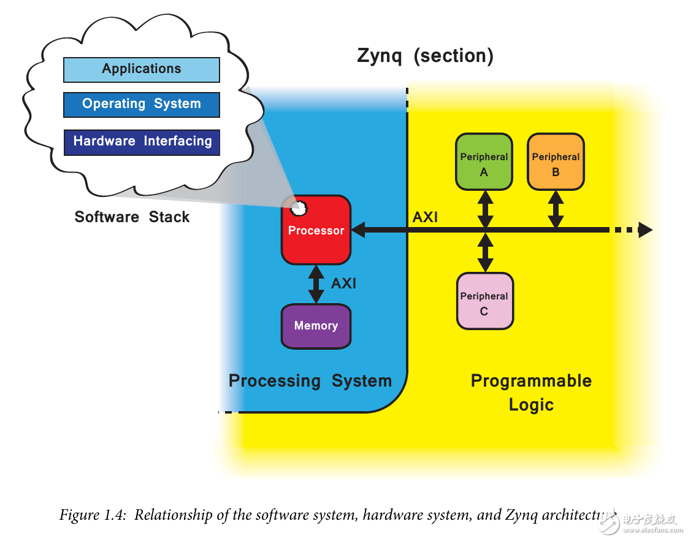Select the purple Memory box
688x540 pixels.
pyautogui.click(x=316, y=326)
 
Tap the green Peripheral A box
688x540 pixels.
pyautogui.click(x=484, y=161)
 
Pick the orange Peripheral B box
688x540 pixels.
pyautogui.click(x=556, y=161)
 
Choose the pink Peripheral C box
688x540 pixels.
pyautogui.click(x=484, y=301)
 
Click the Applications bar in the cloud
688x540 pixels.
pyautogui.click(x=142, y=69)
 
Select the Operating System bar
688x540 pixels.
pyautogui.click(x=142, y=104)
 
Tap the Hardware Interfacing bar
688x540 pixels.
pyautogui.click(x=142, y=142)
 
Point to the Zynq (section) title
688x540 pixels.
pyautogui.click(x=425, y=56)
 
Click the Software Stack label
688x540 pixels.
pyautogui.click(x=132, y=217)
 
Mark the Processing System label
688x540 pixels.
pyautogui.click(x=310, y=381)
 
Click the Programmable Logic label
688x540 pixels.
pyautogui.click(x=531, y=393)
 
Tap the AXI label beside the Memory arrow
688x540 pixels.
pyautogui.click(x=343, y=283)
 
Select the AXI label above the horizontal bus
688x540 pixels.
pyautogui.click(x=425, y=217)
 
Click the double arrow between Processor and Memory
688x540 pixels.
pyautogui.click(x=316, y=283)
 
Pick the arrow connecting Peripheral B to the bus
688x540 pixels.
pyautogui.click(x=556, y=209)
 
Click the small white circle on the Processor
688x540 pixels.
pyautogui.click(x=299, y=208)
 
